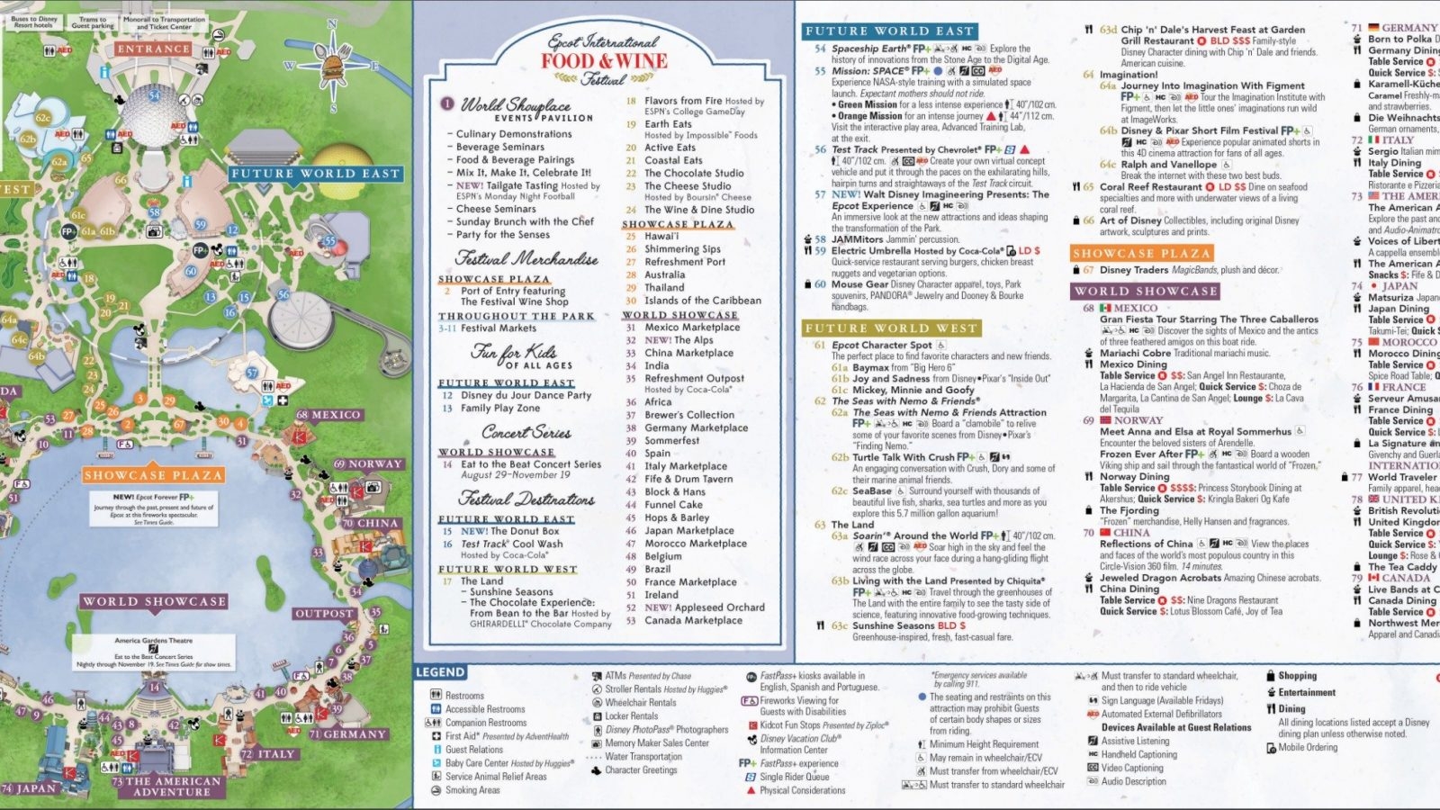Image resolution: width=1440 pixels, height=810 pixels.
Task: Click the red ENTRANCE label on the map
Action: pyautogui.click(x=153, y=49)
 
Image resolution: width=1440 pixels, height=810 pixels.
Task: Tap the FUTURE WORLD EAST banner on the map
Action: pyautogui.click(x=314, y=174)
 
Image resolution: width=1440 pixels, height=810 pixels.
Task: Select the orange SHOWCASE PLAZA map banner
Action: pyautogui.click(x=152, y=474)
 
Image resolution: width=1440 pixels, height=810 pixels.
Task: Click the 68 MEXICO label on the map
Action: pyautogui.click(x=328, y=415)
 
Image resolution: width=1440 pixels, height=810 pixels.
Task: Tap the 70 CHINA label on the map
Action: pyautogui.click(x=370, y=523)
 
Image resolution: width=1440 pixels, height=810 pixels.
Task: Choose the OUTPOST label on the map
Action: pyautogui.click(x=324, y=614)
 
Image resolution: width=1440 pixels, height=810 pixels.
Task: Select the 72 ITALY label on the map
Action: pyautogui.click(x=268, y=754)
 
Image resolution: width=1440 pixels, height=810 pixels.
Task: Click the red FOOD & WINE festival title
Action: pyautogui.click(x=604, y=61)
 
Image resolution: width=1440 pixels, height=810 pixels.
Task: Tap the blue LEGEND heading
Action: pyautogui.click(x=440, y=672)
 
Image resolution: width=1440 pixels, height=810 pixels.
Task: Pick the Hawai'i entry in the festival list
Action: pyautogui.click(x=661, y=237)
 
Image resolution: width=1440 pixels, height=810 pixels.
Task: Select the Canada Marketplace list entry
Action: pyautogui.click(x=693, y=620)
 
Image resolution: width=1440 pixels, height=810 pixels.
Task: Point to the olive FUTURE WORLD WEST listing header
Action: pyautogui.click(x=890, y=328)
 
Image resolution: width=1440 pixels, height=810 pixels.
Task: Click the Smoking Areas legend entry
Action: pyautogui.click(x=472, y=790)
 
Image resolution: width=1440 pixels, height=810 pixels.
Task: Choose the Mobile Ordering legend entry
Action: pyautogui.click(x=1307, y=747)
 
